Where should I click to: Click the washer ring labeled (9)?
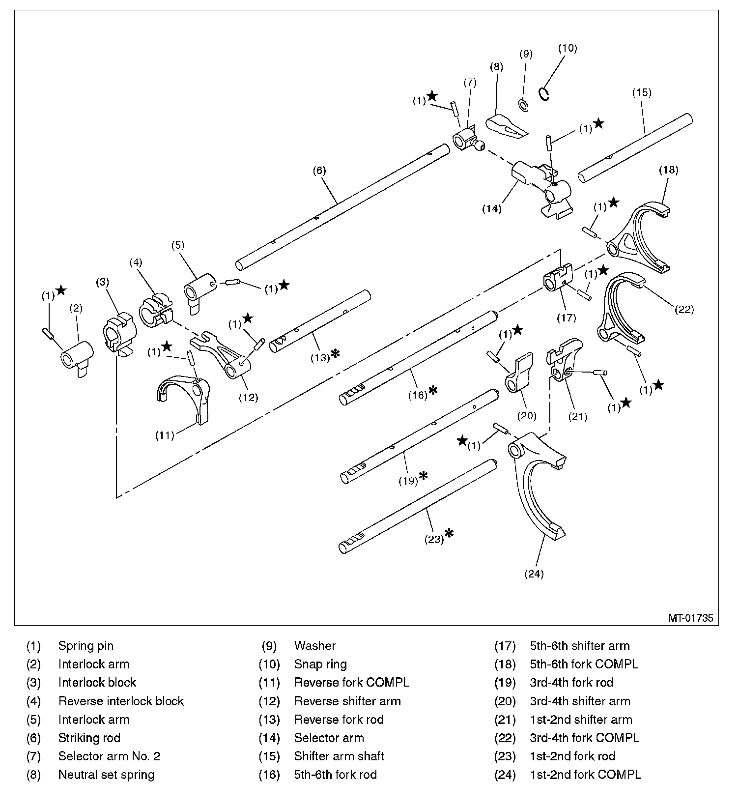[524, 105]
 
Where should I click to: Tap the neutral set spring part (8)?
[505, 125]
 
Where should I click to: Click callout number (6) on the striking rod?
[319, 171]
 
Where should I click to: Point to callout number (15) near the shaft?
[642, 92]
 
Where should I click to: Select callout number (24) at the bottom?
[534, 574]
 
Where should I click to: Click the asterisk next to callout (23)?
[449, 533]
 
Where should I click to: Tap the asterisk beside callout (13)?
[335, 353]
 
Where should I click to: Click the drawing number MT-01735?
[690, 618]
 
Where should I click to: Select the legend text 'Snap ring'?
[320, 664]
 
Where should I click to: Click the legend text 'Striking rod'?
[89, 738]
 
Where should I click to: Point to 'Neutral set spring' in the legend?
[106, 775]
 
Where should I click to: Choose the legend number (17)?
[505, 646]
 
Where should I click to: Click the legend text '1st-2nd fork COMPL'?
[585, 775]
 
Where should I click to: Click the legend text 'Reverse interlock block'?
[121, 701]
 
